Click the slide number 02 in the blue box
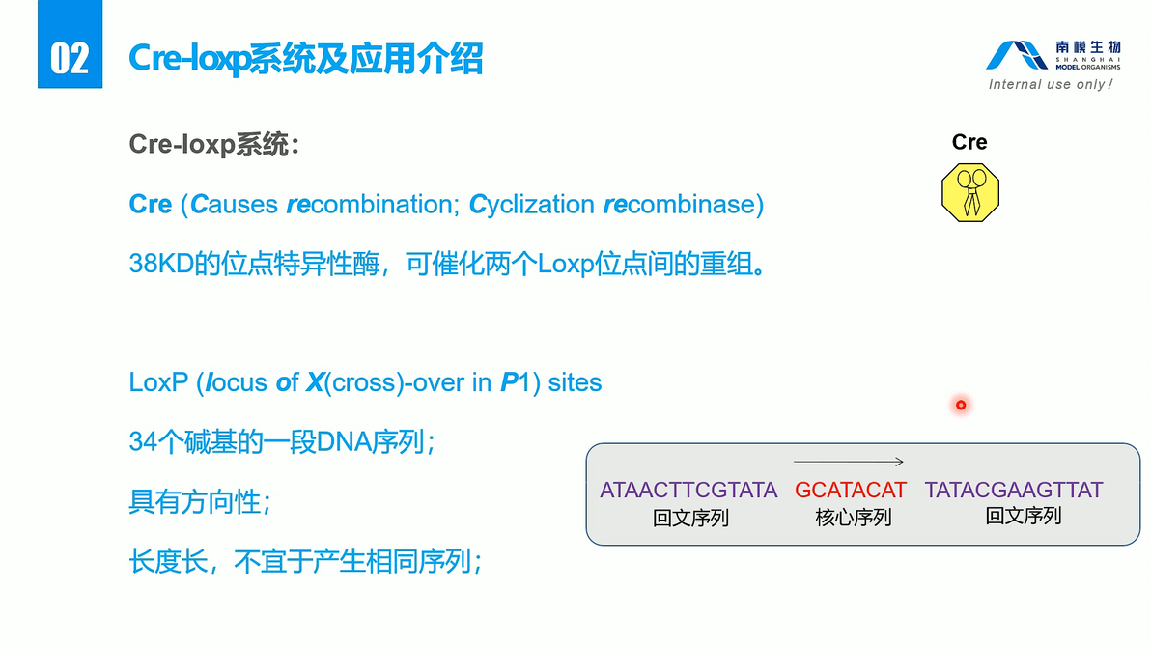pos(70,58)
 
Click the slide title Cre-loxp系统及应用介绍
pos(306,59)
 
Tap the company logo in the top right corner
pos(1053,56)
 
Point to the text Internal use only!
pos(1051,85)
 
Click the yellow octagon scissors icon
pos(969,192)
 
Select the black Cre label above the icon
pos(969,143)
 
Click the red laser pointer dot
pos(961,405)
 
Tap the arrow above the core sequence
pos(849,462)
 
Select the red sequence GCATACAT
pos(851,490)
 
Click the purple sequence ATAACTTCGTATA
pos(688,490)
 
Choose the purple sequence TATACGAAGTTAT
pos(1014,490)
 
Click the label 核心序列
pos(853,518)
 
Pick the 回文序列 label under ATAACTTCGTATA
pos(690,518)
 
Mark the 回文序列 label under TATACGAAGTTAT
pos(1023,516)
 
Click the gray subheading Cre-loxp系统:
pos(214,146)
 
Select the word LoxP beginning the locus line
pos(156,382)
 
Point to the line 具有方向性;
pos(200,502)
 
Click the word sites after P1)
pos(575,382)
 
